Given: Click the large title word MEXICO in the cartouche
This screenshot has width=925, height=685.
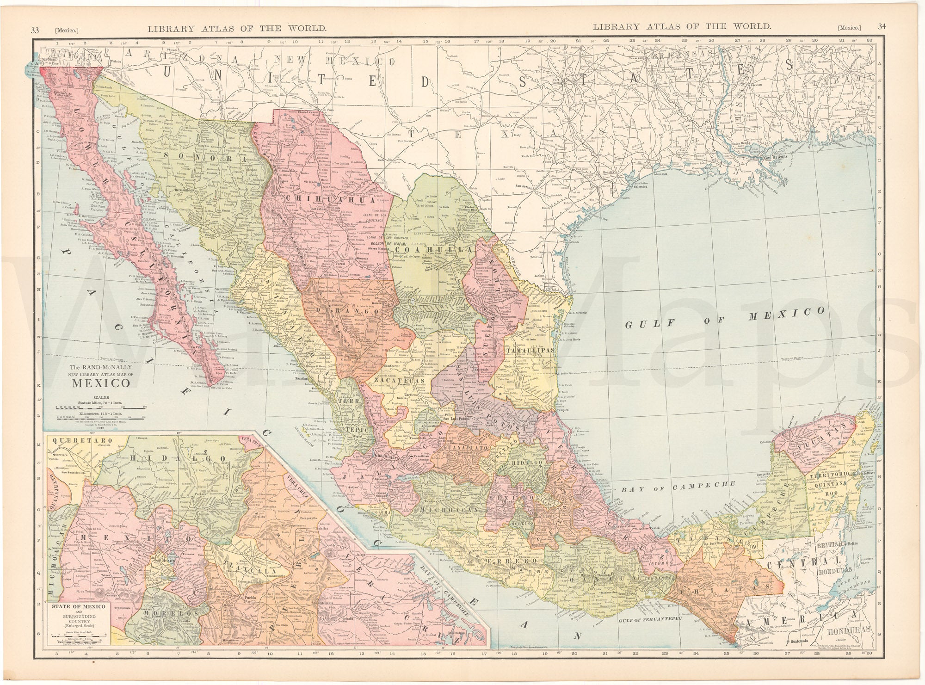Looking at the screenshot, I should point(100,383).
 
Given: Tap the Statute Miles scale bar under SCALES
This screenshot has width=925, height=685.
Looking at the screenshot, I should point(100,409).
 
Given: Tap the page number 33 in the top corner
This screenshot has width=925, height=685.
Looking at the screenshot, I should point(35,28).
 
